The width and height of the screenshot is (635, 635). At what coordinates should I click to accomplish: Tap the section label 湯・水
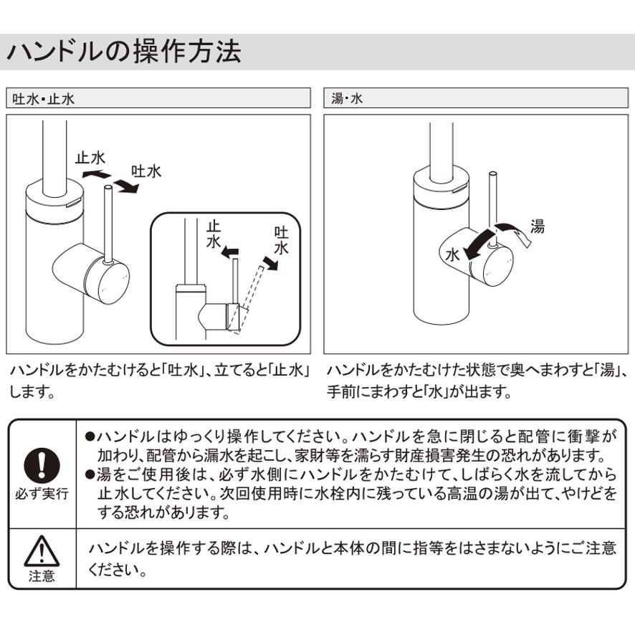click(x=348, y=99)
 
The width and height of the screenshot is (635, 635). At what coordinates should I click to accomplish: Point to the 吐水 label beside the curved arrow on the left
click(x=145, y=171)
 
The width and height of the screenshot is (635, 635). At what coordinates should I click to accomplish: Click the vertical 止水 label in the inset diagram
click(x=213, y=236)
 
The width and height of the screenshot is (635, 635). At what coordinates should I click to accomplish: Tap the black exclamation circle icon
click(x=42, y=466)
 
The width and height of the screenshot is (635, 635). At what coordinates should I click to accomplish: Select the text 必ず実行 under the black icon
click(x=42, y=495)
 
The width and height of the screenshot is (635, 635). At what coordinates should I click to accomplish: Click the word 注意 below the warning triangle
click(x=42, y=576)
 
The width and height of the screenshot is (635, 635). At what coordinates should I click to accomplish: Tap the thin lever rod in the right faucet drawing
click(x=492, y=208)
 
